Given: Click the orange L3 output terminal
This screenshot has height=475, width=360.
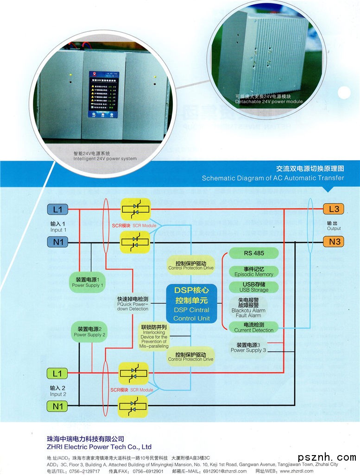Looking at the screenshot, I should click(334, 209).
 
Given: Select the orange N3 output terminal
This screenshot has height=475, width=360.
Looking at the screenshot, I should click(334, 241).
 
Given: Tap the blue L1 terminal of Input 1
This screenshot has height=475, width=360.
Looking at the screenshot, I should click(57, 209).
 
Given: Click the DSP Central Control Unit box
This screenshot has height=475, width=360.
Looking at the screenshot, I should click(191, 303).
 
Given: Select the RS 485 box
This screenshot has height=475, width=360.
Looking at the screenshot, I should click(253, 253).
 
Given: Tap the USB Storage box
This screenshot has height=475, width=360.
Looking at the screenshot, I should click(253, 287).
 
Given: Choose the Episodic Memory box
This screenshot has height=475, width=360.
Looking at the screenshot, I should click(253, 271).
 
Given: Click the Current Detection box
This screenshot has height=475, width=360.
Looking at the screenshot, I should click(253, 327).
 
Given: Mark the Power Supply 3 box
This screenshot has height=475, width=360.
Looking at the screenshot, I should click(248, 348).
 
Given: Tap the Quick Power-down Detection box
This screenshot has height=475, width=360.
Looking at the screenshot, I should click(133, 303).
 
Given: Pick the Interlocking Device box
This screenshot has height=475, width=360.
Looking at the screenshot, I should click(155, 337).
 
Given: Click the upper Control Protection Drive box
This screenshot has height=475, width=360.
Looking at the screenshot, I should click(191, 265).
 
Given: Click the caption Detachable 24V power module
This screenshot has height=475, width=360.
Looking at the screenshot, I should click(269, 99).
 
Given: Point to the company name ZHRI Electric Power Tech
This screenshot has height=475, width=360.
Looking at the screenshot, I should click(99, 447).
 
